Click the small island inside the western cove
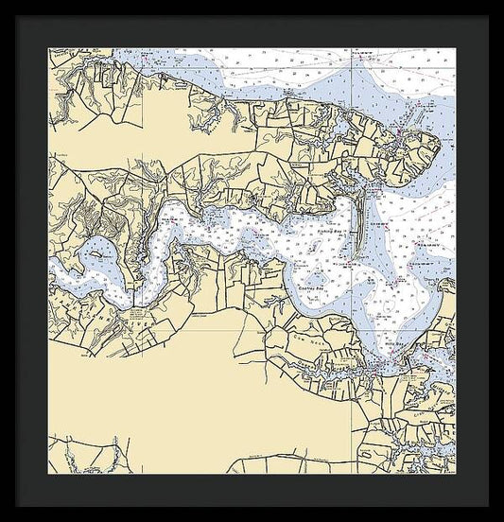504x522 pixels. pyautogui.click(x=96, y=252)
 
